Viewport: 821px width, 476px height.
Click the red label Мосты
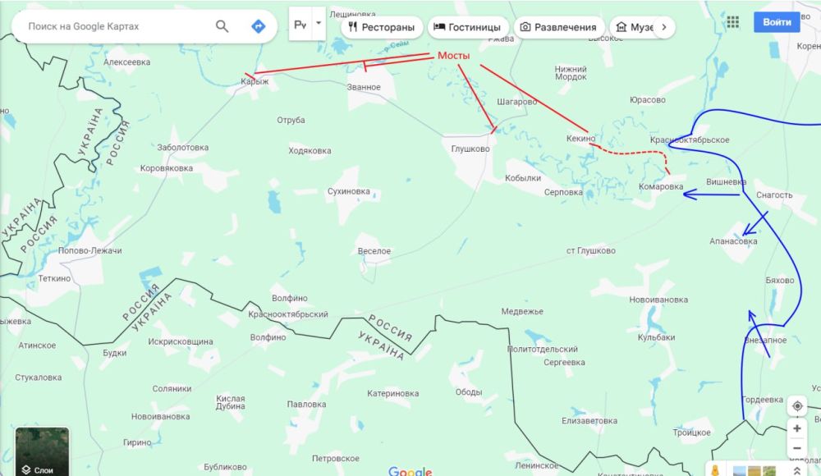pyautogui.click(x=453, y=55)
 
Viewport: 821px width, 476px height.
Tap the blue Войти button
pyautogui.click(x=776, y=22)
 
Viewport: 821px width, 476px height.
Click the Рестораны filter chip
pyautogui.click(x=382, y=27)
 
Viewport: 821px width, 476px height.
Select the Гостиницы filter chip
pyautogui.click(x=466, y=27)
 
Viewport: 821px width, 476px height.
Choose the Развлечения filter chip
pyautogui.click(x=558, y=27)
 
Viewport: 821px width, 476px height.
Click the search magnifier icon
pyautogui.click(x=222, y=26)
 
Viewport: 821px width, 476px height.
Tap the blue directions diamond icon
pyautogui.click(x=258, y=26)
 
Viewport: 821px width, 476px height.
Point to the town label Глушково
pyautogui.click(x=470, y=149)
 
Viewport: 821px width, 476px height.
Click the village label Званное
pyautogui.click(x=364, y=87)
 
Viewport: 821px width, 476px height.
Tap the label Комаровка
pyautogui.click(x=661, y=186)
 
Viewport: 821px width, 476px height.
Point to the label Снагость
pyautogui.click(x=773, y=195)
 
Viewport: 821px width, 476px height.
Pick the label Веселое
pyautogui.click(x=374, y=251)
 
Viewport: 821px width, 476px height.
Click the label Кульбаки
pyautogui.click(x=656, y=337)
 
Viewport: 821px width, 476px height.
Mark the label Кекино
pyautogui.click(x=580, y=140)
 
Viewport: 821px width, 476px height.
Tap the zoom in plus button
pyautogui.click(x=796, y=428)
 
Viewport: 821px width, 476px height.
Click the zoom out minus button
pyautogui.click(x=796, y=449)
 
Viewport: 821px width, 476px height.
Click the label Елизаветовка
pyautogui.click(x=589, y=421)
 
